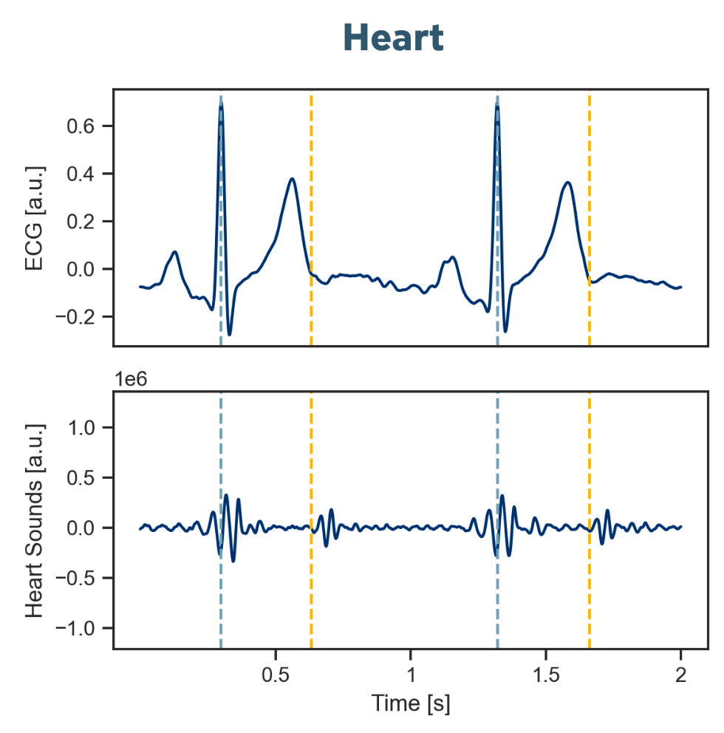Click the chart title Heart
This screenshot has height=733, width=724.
(394, 38)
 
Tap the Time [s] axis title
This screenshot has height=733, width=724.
(410, 703)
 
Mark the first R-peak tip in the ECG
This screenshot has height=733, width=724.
(221, 106)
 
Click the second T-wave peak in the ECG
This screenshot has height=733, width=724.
(567, 183)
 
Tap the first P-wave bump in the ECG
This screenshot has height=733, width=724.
(175, 252)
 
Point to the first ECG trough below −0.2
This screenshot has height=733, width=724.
(230, 335)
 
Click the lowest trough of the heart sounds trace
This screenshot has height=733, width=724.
(233, 561)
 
